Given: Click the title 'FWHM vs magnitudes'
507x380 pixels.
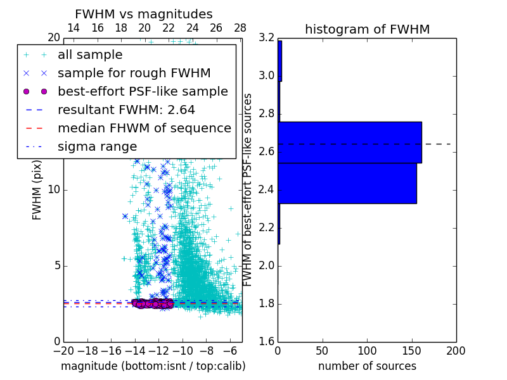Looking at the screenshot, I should [144, 14].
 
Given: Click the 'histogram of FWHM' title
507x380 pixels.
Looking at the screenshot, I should [367, 29].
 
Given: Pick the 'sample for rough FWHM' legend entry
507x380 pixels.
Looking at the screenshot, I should [134, 73].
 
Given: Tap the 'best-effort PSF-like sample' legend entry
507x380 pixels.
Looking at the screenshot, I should [143, 91].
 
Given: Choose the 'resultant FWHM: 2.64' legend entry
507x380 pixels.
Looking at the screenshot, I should [126, 110].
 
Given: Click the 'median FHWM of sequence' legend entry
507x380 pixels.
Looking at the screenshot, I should [144, 128].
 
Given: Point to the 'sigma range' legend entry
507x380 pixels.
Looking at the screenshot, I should [97, 146].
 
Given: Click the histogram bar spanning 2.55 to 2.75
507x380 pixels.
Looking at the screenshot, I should [349, 142].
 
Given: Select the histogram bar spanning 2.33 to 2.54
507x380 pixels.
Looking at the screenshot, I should [347, 183].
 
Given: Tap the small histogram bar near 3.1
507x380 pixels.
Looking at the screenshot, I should [279, 61].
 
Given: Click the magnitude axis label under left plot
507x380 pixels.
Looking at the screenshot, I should [153, 366].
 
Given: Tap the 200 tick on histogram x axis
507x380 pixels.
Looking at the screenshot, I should [456, 351].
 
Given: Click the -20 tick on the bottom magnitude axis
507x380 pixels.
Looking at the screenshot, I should [63, 351].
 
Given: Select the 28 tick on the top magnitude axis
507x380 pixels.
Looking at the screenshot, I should [240, 28].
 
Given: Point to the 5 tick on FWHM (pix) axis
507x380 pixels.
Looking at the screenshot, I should [55, 265].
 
